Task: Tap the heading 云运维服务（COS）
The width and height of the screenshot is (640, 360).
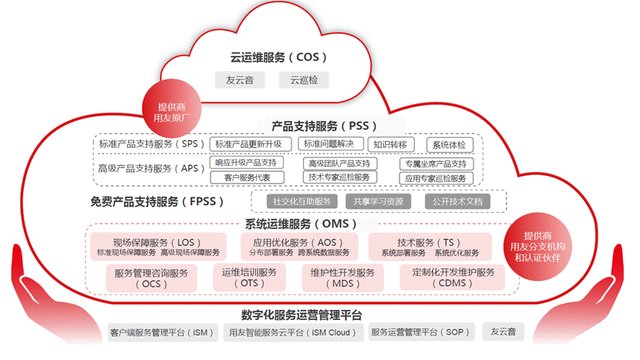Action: tap(279, 57)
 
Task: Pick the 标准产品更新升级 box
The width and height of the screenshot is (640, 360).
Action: tap(253, 144)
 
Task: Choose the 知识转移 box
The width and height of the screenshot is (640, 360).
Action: tap(392, 144)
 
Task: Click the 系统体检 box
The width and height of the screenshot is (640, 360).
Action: tap(449, 144)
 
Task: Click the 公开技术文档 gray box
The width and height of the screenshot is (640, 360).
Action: tap(456, 201)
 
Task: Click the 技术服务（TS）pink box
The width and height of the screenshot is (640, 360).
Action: tap(429, 246)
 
